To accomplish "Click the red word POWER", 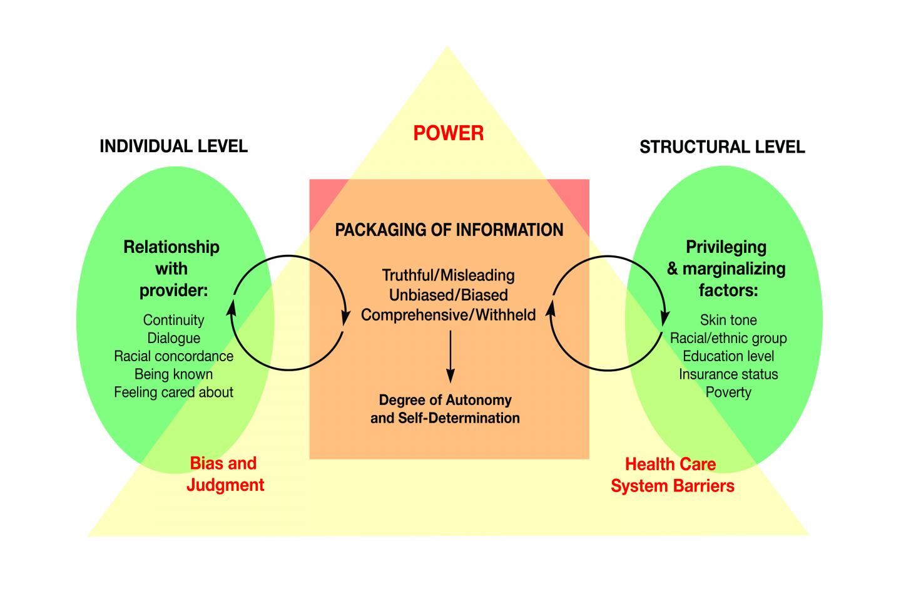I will coord(448,133).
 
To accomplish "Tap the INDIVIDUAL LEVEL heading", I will coord(173,146).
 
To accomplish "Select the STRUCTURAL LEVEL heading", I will coord(722,147).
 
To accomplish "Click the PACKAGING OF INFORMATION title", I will coord(449,230).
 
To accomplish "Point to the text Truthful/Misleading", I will coord(448,275).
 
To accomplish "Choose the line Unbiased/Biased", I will coord(448,295).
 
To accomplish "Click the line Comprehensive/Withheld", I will coord(448,314).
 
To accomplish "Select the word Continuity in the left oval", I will coord(173,320).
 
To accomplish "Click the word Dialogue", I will coord(173,338).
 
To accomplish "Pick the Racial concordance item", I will coord(173,356).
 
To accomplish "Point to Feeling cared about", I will coord(173,393).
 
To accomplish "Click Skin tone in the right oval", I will coord(728,320).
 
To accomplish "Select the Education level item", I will coord(728,356).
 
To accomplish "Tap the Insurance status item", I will coord(728,374).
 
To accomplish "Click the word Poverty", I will coord(728,393).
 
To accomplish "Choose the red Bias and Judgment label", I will coord(225,474).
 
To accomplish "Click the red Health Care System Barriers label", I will coord(672,475).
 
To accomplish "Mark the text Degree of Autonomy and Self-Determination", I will coord(445,409).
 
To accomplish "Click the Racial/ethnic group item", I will coord(728,338).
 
